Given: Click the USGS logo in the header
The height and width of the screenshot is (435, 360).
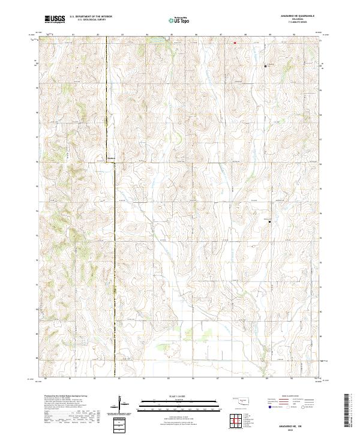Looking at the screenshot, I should [55, 19].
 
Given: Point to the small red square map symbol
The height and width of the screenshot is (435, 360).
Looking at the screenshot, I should [235, 43].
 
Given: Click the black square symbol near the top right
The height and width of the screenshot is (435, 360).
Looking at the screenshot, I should [266, 66].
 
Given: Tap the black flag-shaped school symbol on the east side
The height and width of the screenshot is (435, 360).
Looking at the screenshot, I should [270, 221].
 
